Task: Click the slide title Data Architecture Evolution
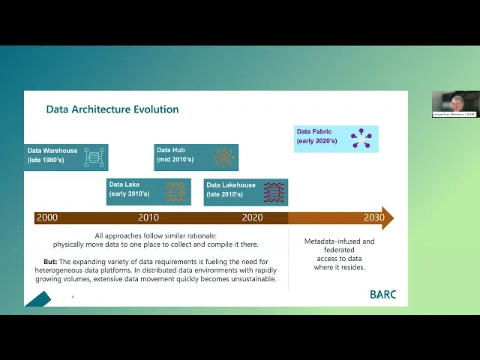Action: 112,109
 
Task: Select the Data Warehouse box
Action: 66,157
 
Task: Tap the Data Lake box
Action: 148,190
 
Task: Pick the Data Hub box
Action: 196,157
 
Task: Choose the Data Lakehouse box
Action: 245,191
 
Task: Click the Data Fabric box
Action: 336,138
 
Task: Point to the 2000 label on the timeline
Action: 46,217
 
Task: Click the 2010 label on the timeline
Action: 148,217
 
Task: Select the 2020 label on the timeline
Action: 252,217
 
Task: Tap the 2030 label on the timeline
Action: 373,217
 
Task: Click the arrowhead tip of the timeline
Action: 391,217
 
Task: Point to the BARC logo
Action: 382,294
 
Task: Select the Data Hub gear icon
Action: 223,157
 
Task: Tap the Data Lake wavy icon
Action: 175,191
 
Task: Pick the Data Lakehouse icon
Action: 274,192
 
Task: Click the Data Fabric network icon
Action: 361,138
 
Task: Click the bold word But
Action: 50,262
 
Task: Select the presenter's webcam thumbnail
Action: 454,103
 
